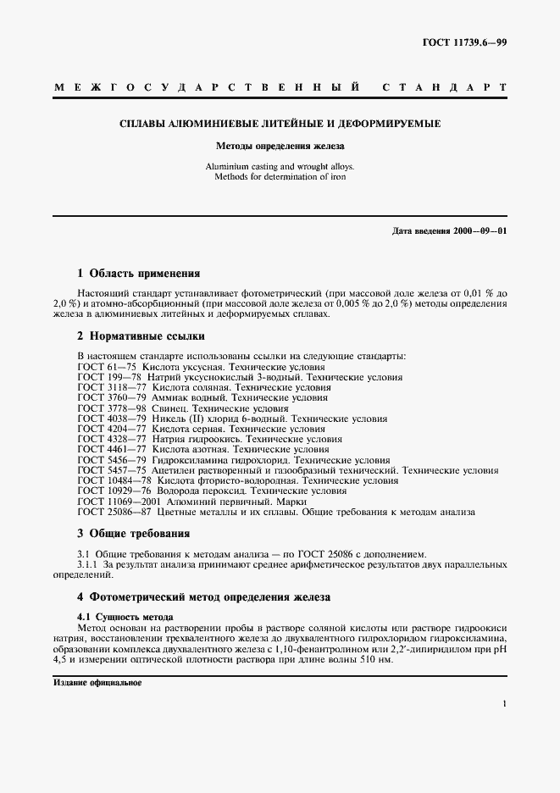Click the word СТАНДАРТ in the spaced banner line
pyautogui.click(x=446, y=87)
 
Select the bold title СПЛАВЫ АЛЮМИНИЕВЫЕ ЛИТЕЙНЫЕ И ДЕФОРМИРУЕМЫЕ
pyautogui.click(x=280, y=124)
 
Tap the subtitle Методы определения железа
pyautogui.click(x=280, y=146)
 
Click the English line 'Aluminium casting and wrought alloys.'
pyautogui.click(x=280, y=167)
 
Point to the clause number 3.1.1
pyautogui.click(x=88, y=563)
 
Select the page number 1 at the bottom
pyautogui.click(x=504, y=703)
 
